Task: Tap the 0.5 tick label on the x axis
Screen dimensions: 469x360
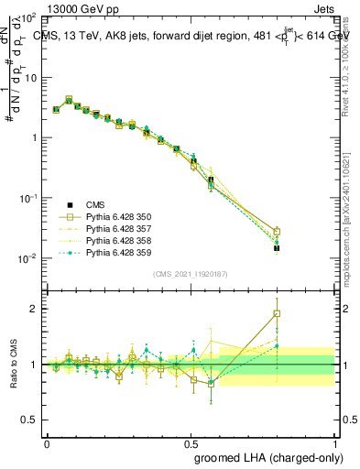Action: [191, 442]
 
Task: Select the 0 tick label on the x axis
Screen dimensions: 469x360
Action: [47, 442]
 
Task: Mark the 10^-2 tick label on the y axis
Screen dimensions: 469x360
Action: [29, 258]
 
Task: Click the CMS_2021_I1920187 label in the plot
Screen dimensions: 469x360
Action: [190, 274]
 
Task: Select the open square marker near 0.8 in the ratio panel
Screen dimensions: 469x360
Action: [277, 313]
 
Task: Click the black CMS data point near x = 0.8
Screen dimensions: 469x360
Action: [277, 248]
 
